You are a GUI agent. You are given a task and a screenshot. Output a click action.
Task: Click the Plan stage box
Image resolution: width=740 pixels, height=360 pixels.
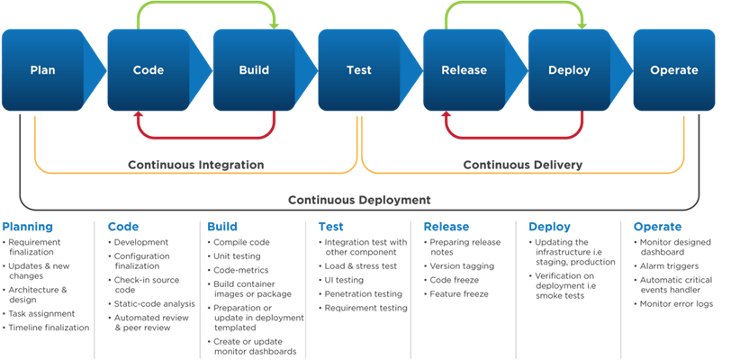(x=42, y=70)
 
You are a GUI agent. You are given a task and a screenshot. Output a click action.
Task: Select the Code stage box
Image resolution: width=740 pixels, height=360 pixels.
(x=148, y=70)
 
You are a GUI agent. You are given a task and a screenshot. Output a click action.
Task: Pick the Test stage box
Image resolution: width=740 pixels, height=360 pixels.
(x=358, y=70)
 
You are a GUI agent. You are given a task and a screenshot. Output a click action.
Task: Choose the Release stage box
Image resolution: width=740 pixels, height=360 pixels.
(x=464, y=70)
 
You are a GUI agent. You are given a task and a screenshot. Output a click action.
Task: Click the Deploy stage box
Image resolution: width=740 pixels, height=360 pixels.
(x=569, y=70)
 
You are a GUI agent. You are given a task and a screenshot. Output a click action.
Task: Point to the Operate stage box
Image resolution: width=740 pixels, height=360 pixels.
(x=673, y=70)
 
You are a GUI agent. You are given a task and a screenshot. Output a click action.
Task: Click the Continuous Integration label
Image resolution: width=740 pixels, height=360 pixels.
(x=195, y=165)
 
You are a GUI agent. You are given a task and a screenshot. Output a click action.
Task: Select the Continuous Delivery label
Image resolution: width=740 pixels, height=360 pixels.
(x=522, y=165)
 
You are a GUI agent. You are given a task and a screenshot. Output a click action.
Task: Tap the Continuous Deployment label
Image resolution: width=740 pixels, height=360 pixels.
(x=359, y=200)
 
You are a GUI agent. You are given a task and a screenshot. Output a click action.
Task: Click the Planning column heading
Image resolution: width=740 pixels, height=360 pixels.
(x=28, y=227)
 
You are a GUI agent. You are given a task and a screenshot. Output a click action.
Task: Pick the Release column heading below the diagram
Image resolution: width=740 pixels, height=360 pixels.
(x=447, y=227)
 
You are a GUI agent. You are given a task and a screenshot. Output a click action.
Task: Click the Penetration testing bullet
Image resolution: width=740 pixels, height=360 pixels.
(x=364, y=293)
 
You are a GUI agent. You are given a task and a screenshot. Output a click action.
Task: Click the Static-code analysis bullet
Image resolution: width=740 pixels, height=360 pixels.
(x=154, y=304)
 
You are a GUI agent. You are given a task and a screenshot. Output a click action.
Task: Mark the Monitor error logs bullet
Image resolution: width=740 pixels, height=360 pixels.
(x=677, y=304)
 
